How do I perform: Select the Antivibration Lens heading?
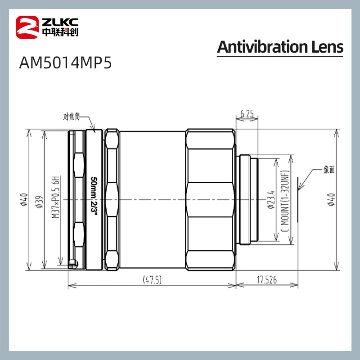coord(280,47)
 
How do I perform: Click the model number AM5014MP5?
coord(65,63)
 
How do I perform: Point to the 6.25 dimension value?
coord(247,115)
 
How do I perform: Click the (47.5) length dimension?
coord(152,280)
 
